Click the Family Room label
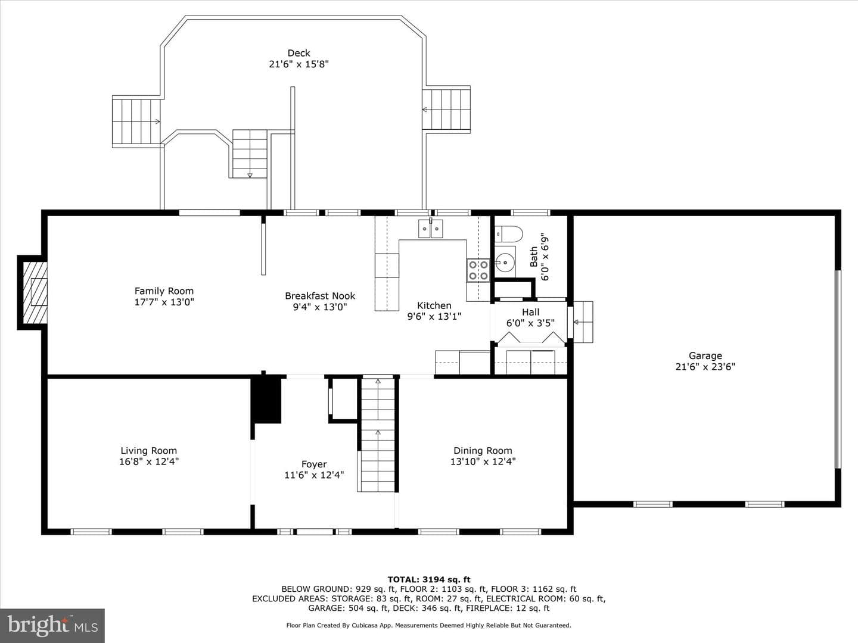[x=164, y=291]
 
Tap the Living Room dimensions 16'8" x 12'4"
[x=149, y=461]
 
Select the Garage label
[x=705, y=355]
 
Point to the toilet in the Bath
[x=509, y=234]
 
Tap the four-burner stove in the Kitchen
[x=478, y=270]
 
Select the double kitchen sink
[x=431, y=229]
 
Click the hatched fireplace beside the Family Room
[x=35, y=292]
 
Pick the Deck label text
[x=299, y=53]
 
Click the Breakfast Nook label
[x=320, y=296]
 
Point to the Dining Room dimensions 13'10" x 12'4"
[x=483, y=461]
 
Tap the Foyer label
[x=314, y=464]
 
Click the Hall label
[x=530, y=312]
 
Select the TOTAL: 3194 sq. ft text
[x=429, y=579]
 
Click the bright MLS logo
[x=52, y=625]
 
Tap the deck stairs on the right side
[x=446, y=110]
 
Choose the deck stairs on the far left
[x=136, y=121]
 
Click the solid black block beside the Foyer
[x=267, y=399]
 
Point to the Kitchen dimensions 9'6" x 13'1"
[x=434, y=316]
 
